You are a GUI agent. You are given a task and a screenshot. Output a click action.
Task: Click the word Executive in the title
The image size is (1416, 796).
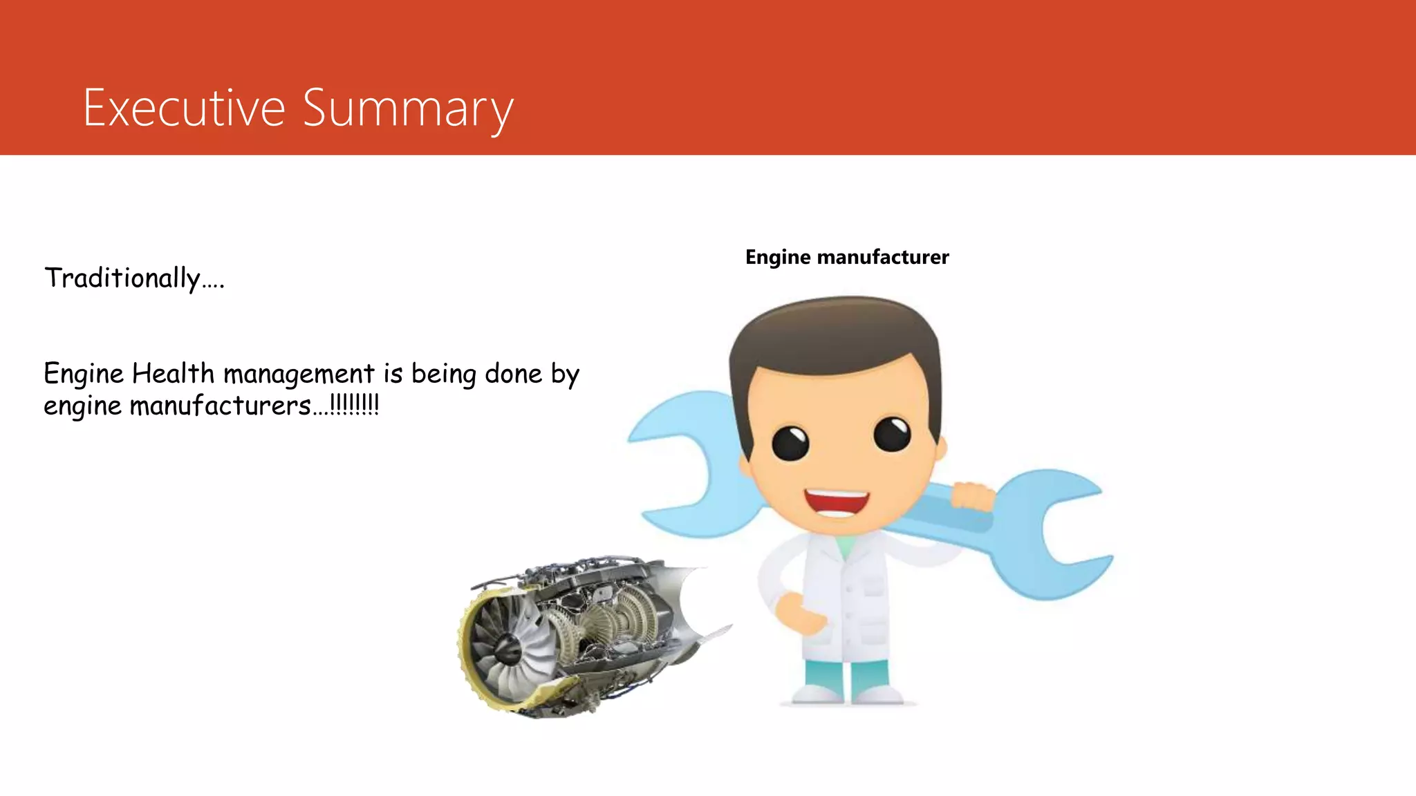[x=184, y=108]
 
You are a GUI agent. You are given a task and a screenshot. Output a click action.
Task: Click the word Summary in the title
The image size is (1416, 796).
[x=408, y=109]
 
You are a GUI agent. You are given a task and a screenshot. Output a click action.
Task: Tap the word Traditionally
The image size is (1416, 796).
[x=123, y=278]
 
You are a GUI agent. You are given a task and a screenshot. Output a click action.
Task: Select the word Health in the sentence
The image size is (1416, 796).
[x=173, y=374]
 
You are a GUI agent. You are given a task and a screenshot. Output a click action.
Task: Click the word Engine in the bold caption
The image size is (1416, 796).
[x=778, y=257]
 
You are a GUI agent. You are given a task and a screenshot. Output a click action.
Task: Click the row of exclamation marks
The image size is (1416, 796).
[x=355, y=404]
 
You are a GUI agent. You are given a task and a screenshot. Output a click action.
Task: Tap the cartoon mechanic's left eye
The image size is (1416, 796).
[x=790, y=442]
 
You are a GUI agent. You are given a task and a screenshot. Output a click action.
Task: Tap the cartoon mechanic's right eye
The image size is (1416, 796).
[x=892, y=434]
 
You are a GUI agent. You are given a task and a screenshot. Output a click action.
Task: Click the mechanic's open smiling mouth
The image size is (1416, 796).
[x=837, y=502]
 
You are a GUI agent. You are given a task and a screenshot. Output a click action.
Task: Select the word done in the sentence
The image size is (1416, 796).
[x=514, y=374]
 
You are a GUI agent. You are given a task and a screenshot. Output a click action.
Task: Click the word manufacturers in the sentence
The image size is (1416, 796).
[x=221, y=406]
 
